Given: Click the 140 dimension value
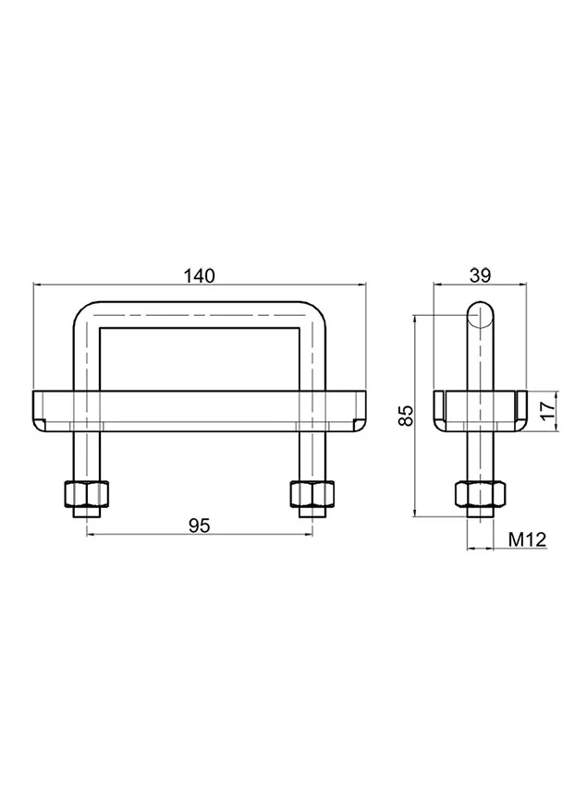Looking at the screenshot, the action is pos(199,276).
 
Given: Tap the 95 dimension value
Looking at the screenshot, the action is pos(199,525).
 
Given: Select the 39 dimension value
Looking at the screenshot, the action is pos(480,275).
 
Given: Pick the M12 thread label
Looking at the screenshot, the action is pos(527,539).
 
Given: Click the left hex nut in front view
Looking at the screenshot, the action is pos(86,494).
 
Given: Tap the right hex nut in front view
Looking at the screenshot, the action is pos(312,494).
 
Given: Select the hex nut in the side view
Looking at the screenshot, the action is pos(480,494).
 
